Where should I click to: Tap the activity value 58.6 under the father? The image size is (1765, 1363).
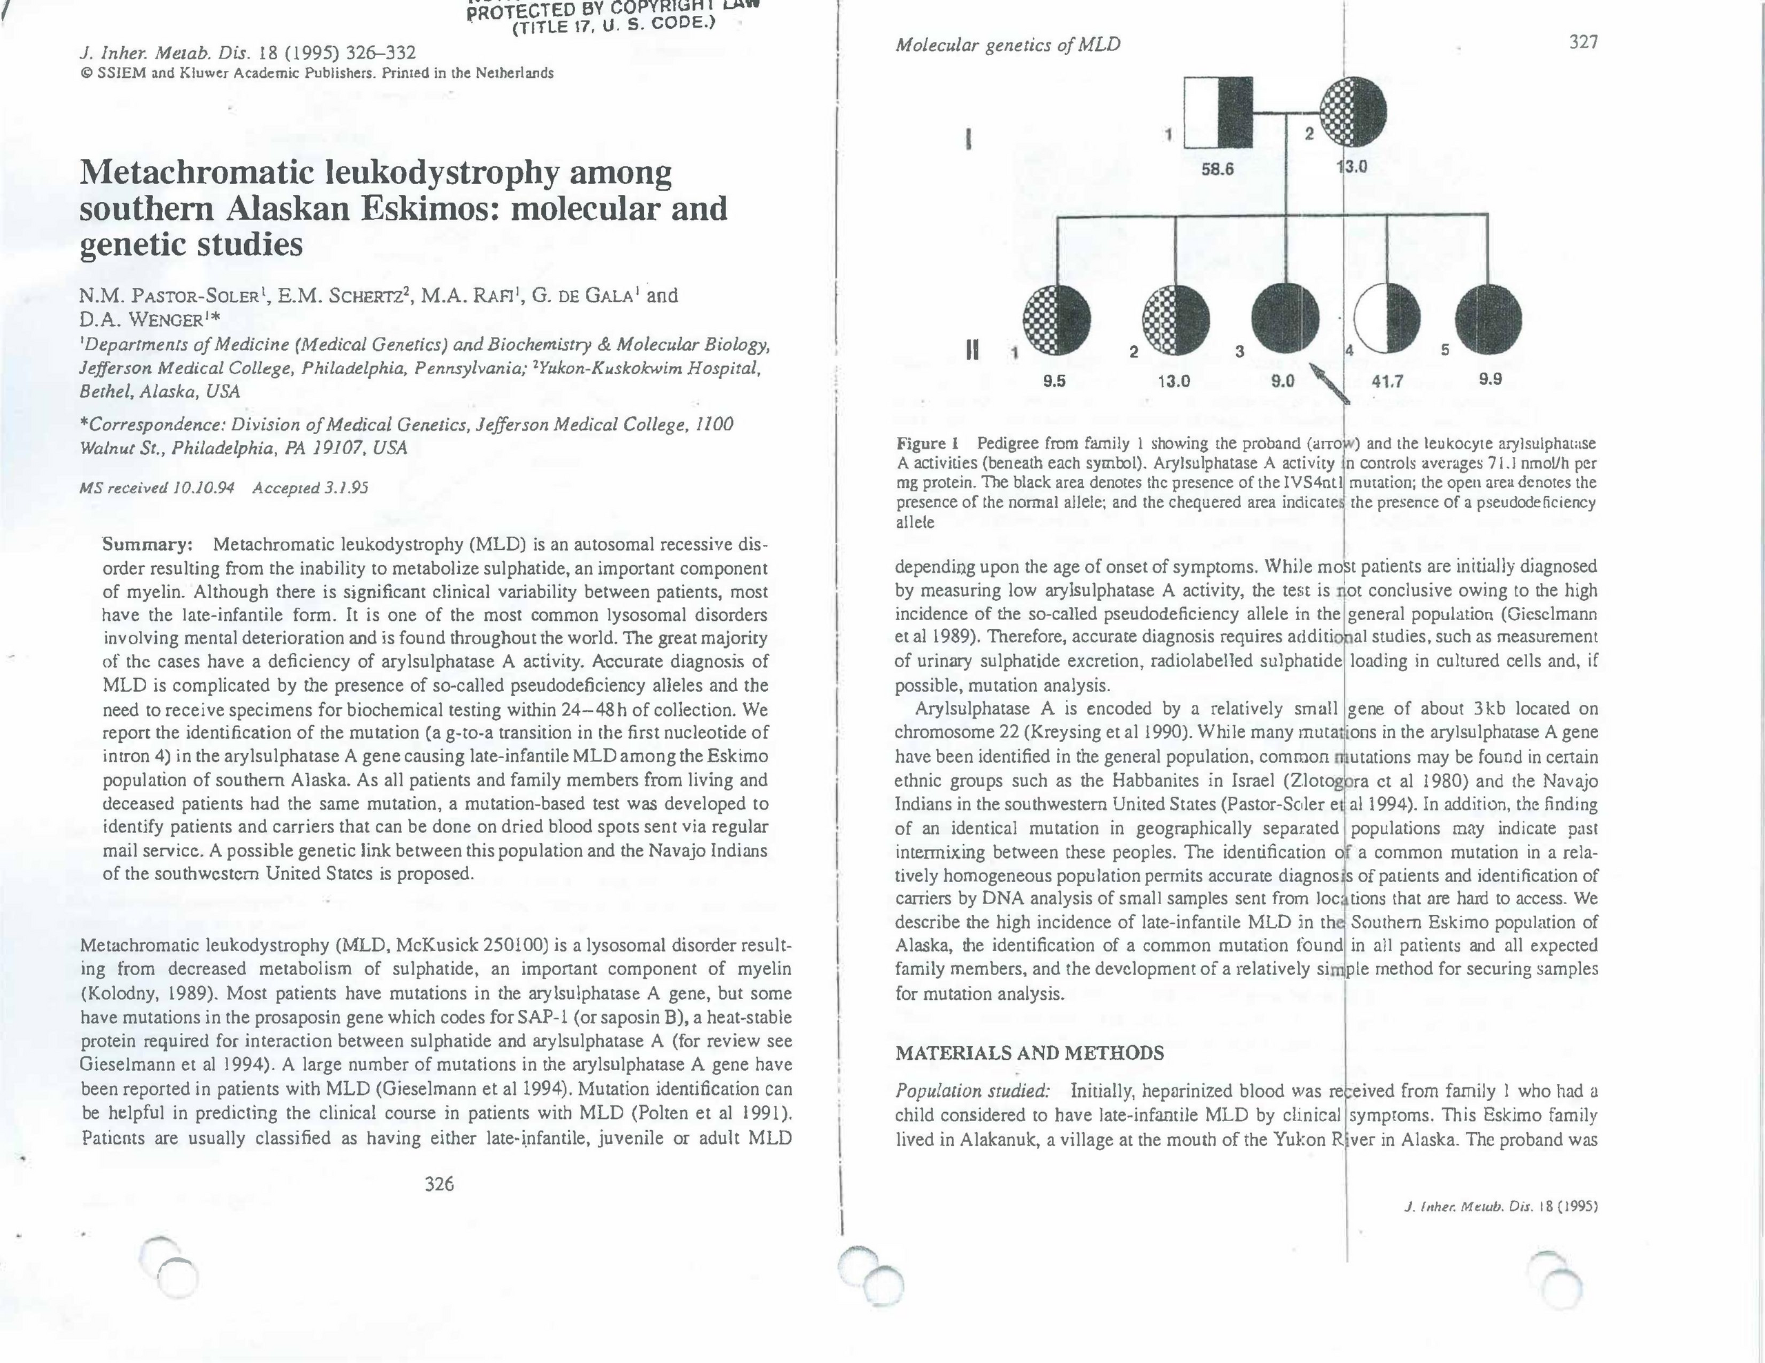coord(1217,170)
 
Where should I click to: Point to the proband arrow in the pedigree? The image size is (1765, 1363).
coord(1329,383)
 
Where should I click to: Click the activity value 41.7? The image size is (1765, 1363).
coord(1388,380)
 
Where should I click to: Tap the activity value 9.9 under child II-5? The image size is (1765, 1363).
coord(1489,379)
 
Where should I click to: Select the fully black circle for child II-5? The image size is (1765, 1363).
coord(1488,320)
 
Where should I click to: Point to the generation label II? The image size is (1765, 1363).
coord(972,349)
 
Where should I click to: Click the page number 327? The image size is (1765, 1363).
coord(1582,42)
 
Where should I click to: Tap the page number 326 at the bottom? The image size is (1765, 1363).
coord(438,1185)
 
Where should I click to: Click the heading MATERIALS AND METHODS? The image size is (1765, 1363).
coord(1029,1053)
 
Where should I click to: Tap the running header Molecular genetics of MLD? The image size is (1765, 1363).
coord(1007,44)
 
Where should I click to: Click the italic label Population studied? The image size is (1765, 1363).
coord(972,1092)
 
